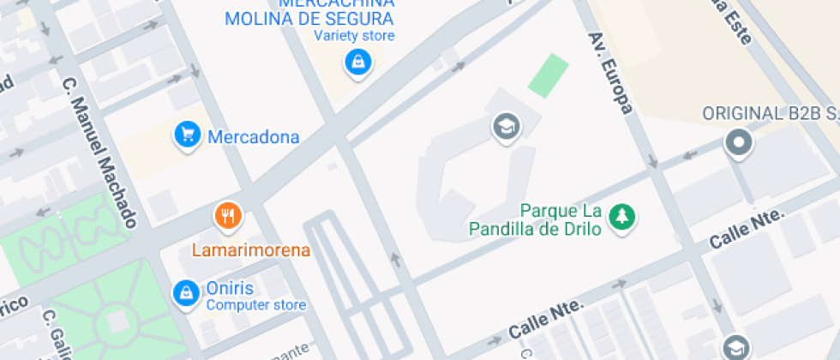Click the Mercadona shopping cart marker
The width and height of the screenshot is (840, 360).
click(186, 135)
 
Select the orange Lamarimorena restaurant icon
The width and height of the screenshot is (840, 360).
click(227, 216)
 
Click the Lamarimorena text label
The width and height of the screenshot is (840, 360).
click(250, 250)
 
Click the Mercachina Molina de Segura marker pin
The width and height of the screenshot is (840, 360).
click(357, 62)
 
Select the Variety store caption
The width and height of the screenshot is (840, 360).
click(354, 36)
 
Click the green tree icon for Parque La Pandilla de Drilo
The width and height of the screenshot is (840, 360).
click(621, 218)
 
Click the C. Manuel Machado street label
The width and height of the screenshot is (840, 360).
click(100, 153)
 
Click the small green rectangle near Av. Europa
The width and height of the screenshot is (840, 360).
click(548, 75)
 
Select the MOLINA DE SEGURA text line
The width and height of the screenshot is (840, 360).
click(309, 19)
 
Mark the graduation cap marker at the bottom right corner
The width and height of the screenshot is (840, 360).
click(735, 347)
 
